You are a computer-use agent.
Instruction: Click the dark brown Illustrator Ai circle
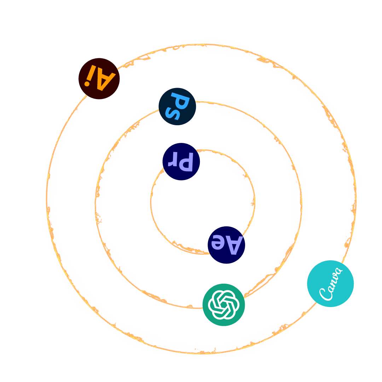pyautogui.click(x=99, y=79)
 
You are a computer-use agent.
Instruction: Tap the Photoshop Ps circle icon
pyautogui.click(x=177, y=106)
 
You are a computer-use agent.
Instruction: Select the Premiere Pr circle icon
pyautogui.click(x=181, y=162)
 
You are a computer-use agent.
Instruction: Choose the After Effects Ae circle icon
pyautogui.click(x=226, y=245)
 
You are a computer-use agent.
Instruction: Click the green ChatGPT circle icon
pyautogui.click(x=224, y=305)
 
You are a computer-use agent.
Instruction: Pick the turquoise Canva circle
pyautogui.click(x=330, y=283)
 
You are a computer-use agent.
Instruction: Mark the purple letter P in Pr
pyautogui.click(x=187, y=162)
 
